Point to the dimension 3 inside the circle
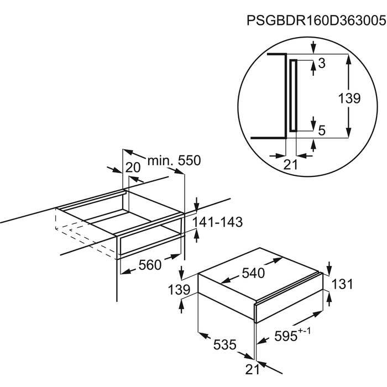point(322,64)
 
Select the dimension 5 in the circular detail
point(322,130)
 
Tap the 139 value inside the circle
point(349,98)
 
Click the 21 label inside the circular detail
point(290,164)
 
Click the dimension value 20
point(133,168)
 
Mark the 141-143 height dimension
point(218,222)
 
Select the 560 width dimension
point(150,265)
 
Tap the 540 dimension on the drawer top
point(254,273)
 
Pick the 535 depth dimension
point(225,345)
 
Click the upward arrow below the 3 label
point(313,65)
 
